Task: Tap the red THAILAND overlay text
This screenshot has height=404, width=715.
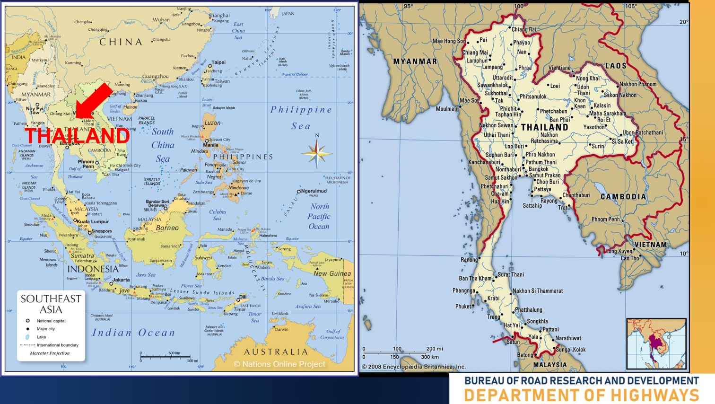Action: coord(77,136)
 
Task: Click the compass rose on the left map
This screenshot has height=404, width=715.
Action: coord(317,153)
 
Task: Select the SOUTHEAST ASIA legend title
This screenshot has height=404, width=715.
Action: coord(51,304)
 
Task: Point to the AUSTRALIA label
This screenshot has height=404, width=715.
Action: coord(276,352)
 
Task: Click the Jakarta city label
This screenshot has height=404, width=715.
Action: coord(121,280)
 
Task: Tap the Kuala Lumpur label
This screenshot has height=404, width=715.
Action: coord(93,221)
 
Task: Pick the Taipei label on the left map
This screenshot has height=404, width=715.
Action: coord(218,62)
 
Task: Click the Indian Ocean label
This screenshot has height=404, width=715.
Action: coord(133,333)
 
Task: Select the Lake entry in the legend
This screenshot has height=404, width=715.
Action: coord(42,337)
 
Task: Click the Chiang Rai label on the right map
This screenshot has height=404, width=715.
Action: coord(524,29)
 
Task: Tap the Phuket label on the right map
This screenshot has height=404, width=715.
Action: coord(463,306)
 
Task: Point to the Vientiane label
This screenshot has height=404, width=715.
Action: coord(559,68)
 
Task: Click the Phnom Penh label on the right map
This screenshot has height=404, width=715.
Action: coord(605,220)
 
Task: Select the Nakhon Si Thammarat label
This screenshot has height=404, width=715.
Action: coord(538,291)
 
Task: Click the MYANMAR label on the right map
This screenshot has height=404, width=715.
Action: coord(415,61)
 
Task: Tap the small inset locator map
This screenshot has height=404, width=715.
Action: coord(656,343)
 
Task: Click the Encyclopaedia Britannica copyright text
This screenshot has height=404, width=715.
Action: coord(414,367)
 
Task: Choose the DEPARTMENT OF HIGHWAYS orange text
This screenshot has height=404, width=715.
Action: coord(581,395)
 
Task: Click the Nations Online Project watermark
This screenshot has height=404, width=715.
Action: coord(279,364)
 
